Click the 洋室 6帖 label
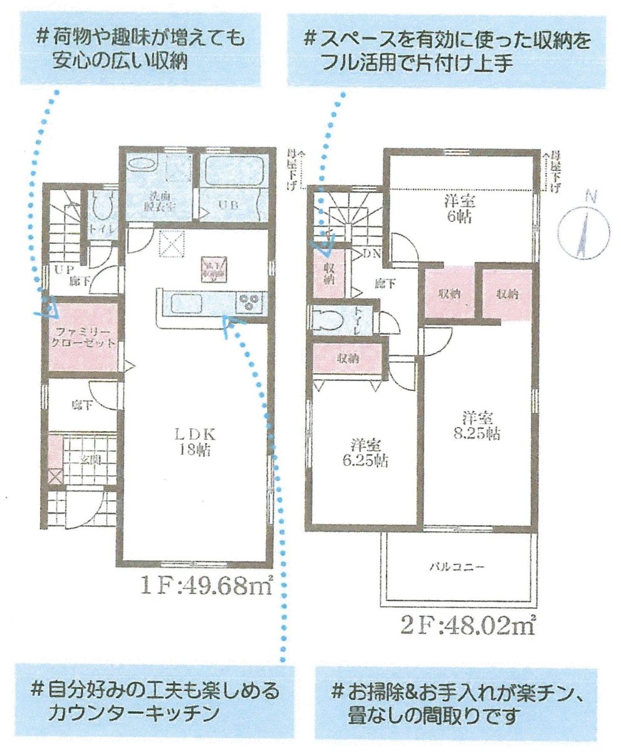[459, 209]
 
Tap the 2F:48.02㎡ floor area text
[467, 625]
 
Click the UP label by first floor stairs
[60, 270]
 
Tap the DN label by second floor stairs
[372, 254]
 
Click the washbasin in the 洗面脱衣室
[141, 165]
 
